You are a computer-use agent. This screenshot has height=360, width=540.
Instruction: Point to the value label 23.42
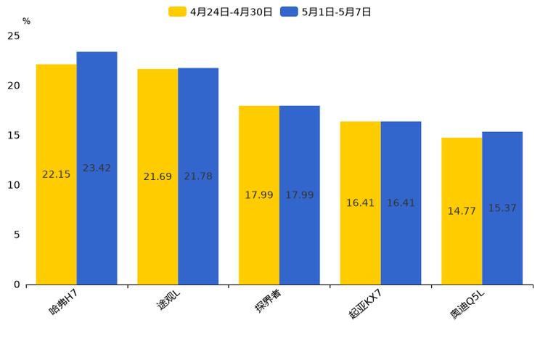click(97, 168)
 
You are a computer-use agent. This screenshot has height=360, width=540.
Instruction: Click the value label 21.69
click(157, 177)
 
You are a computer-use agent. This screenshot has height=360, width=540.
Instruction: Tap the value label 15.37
click(502, 208)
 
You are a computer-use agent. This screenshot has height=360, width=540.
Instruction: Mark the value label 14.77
click(462, 211)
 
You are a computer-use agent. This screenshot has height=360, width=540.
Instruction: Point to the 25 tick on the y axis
click(14, 36)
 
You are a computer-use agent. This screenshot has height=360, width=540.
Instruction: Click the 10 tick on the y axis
click(14, 185)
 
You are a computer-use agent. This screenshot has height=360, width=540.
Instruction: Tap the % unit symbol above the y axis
click(26, 22)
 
